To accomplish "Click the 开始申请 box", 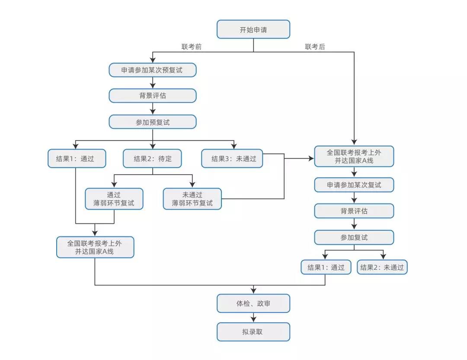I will click(x=253, y=30).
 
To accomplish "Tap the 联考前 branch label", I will click(x=191, y=47).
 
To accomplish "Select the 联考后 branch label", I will click(x=315, y=47).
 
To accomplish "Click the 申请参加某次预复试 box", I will click(x=152, y=70).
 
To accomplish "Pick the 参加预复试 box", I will click(x=152, y=122).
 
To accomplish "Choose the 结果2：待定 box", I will click(x=152, y=159).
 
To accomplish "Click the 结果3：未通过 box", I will click(x=233, y=159).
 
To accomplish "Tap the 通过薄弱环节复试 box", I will click(x=114, y=199).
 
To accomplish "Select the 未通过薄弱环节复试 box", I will click(x=192, y=199).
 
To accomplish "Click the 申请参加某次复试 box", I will click(x=354, y=185).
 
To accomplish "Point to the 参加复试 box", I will click(x=354, y=237).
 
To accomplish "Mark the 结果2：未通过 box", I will click(x=382, y=267).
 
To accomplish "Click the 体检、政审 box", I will click(x=253, y=304).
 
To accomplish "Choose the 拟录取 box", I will click(x=253, y=332).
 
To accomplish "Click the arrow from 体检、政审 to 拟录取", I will click(x=253, y=318).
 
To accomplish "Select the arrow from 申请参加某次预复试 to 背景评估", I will click(x=152, y=83).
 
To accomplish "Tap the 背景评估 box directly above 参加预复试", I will click(x=152, y=96).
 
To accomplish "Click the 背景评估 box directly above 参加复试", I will click(x=354, y=211).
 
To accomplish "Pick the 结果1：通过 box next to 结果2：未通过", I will click(x=326, y=267).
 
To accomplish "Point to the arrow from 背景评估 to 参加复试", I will click(x=354, y=224).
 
